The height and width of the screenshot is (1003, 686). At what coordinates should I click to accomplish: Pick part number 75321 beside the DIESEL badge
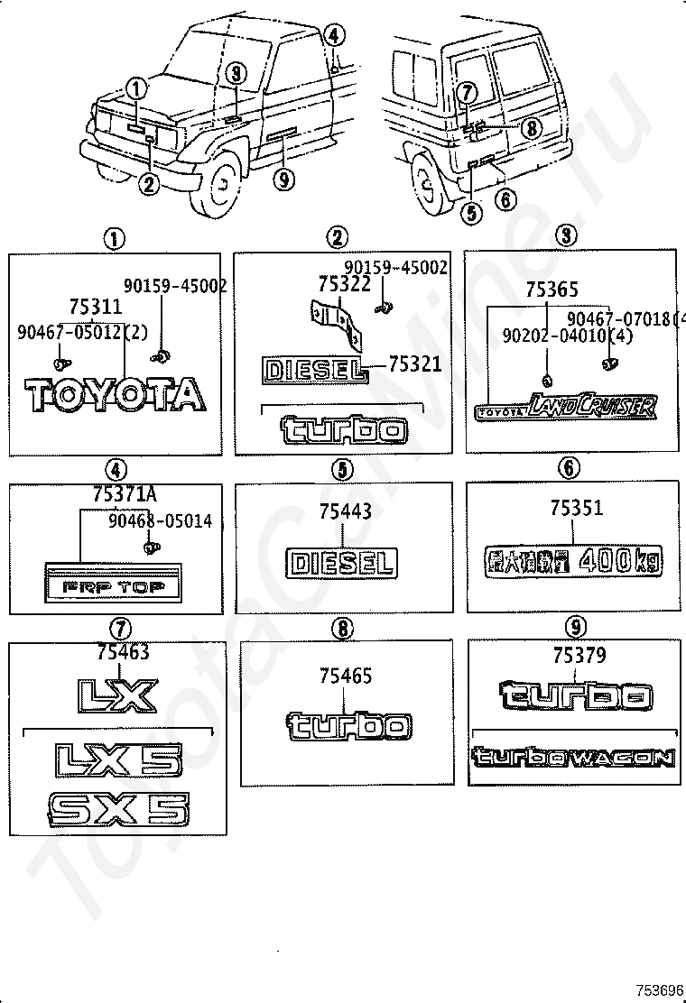point(415,363)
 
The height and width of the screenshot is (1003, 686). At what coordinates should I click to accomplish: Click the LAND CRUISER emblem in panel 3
point(565,408)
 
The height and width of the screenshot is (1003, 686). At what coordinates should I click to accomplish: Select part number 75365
point(552,290)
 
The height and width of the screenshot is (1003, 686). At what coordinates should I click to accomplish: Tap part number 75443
point(345,511)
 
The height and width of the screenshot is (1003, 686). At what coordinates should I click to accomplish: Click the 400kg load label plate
point(572,561)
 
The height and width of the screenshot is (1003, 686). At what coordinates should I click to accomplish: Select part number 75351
point(576,508)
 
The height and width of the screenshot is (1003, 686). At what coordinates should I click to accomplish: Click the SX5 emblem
point(118,809)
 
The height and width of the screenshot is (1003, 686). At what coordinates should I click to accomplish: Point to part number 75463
point(120,652)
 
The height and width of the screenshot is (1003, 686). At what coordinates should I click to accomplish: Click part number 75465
point(345,676)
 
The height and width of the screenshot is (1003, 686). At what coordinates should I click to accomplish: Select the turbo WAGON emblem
point(572,757)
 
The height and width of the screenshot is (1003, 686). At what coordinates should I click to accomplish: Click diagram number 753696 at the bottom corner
point(663,990)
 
